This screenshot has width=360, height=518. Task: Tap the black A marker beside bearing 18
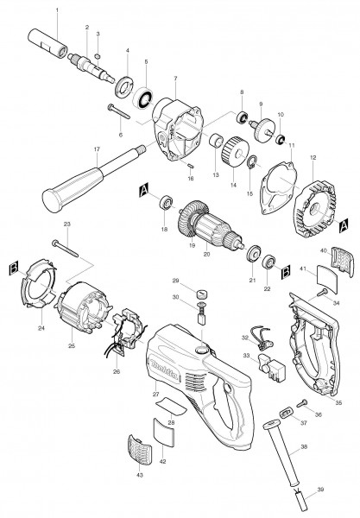point(142,188)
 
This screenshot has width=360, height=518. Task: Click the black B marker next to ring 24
point(12,268)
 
